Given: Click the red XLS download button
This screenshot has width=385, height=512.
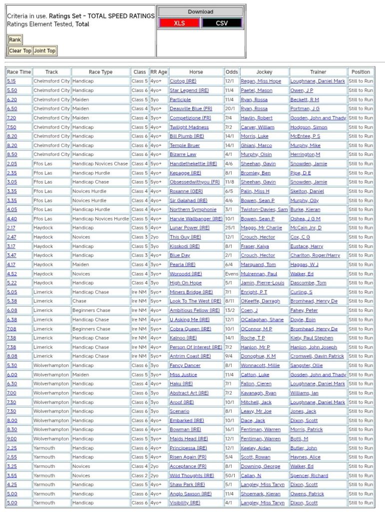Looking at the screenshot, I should (x=179, y=23).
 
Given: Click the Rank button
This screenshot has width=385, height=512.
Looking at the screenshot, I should (x=15, y=39).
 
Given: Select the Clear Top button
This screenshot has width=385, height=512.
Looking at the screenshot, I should (x=20, y=50).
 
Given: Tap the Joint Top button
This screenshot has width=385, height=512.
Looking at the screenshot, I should (x=45, y=50).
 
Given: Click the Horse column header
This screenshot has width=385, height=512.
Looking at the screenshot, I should (x=196, y=72).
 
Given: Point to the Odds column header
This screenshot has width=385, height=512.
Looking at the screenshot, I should (x=231, y=72).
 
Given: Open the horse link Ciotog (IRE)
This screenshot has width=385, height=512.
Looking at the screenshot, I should (x=183, y=81).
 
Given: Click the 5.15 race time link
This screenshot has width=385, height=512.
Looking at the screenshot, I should (x=11, y=81).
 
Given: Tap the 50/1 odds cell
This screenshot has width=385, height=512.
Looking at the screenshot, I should (x=230, y=475).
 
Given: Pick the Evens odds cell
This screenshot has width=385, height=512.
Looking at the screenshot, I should (x=231, y=274).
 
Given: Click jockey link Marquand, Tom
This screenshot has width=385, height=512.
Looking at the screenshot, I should (x=258, y=264).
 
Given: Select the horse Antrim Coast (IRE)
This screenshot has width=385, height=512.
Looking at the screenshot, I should (x=190, y=356).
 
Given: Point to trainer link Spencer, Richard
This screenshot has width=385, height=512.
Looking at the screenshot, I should (x=309, y=475).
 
